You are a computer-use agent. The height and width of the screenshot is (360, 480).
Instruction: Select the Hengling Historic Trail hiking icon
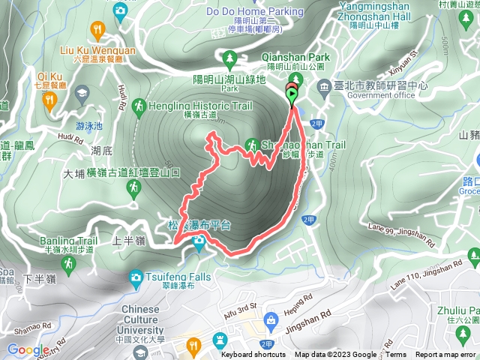[x=137, y=107]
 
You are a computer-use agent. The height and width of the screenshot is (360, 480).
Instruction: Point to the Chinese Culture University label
[x=140, y=315]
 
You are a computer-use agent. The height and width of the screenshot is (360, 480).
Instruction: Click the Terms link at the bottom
[x=396, y=355]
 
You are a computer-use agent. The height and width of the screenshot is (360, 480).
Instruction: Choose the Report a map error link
[x=447, y=355]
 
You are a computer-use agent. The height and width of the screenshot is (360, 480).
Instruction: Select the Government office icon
[x=322, y=86]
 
